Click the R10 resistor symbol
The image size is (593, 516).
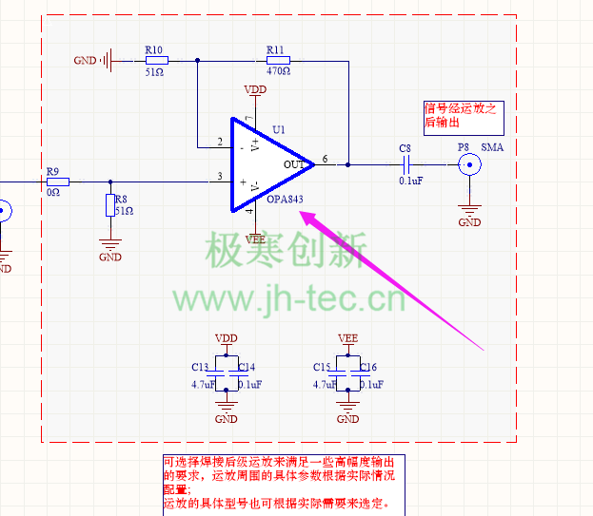(157, 60)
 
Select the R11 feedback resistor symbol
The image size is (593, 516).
(278, 60)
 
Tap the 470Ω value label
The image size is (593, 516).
(278, 71)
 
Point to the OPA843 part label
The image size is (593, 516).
(287, 201)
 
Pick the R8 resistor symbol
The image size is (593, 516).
(110, 206)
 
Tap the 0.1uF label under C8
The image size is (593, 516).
(411, 181)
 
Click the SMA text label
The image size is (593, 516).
(492, 147)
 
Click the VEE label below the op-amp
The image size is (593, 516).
(255, 239)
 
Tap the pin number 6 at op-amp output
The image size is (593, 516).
(326, 159)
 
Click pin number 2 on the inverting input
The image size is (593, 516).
(220, 143)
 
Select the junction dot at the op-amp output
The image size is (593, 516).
(347, 164)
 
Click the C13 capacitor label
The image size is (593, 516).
(200, 367)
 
